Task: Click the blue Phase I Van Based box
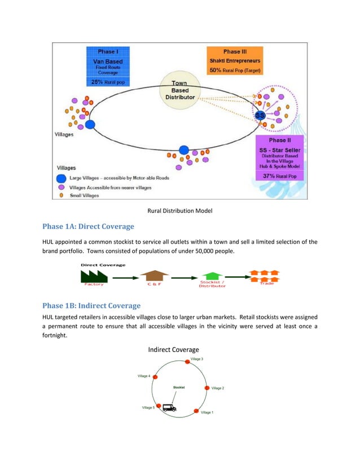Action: (107, 65)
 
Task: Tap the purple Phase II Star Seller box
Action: (286, 159)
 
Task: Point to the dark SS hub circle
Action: (260, 116)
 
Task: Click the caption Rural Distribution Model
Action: (179, 212)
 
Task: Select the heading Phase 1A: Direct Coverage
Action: (89, 227)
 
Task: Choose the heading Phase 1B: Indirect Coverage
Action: (91, 306)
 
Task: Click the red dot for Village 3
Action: (187, 362)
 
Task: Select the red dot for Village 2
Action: (207, 388)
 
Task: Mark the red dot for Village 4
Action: (155, 376)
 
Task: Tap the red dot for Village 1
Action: (197, 411)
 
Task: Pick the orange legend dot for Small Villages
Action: (62, 196)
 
